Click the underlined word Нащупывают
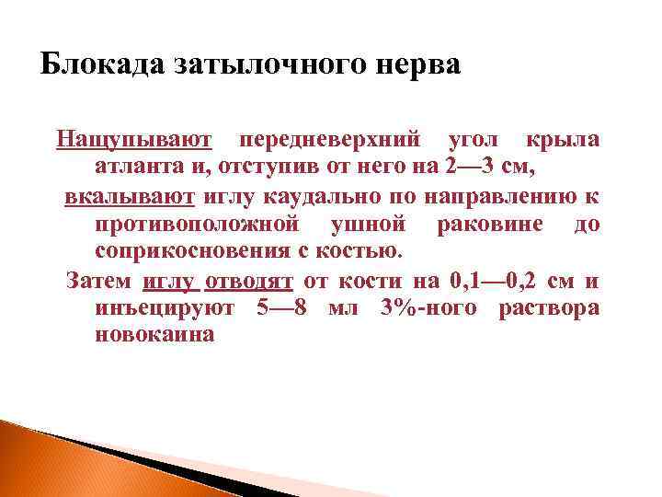pos(134,140)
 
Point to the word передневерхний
pos(330,140)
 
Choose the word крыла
pos(563,140)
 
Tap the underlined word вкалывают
pos(129,196)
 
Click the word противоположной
pos(197,224)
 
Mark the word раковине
pos(497,224)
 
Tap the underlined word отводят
pos(248,280)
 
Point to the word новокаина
pos(154,335)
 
